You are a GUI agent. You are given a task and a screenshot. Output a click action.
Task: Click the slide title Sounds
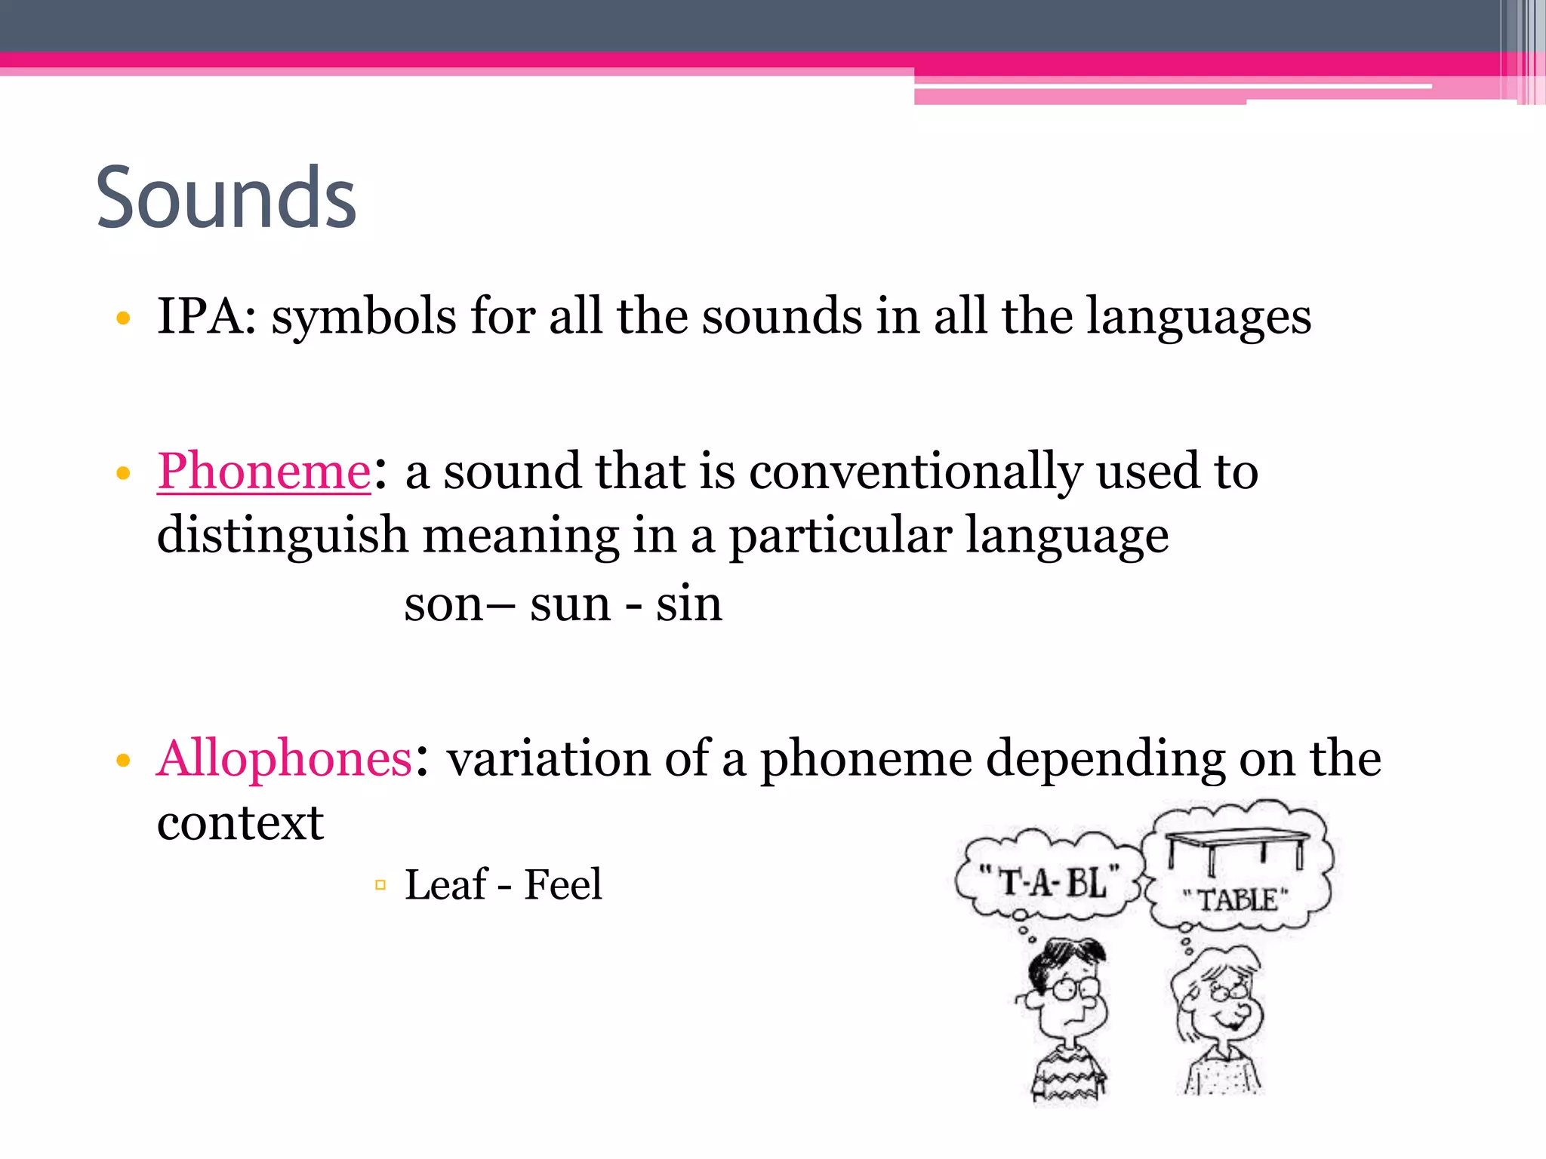(x=226, y=198)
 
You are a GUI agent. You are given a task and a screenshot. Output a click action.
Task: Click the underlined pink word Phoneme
(x=263, y=472)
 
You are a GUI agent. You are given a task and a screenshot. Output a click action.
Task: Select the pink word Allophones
(x=285, y=758)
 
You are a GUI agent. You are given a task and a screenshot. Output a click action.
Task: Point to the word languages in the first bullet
(x=1198, y=317)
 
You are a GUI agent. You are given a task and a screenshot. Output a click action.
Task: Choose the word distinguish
(x=282, y=536)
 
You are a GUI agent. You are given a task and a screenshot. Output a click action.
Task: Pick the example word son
(x=442, y=604)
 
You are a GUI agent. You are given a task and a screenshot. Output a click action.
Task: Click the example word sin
(x=688, y=604)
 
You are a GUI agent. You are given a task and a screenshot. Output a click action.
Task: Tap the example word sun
(x=570, y=604)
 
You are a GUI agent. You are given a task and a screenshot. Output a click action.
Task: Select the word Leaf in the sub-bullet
(x=446, y=884)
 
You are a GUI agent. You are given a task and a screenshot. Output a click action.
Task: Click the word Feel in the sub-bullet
(x=563, y=884)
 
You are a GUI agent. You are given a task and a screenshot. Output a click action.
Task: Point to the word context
(x=240, y=822)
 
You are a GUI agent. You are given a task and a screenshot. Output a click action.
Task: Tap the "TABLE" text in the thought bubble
(x=1236, y=899)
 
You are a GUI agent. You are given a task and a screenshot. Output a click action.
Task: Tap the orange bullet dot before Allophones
(x=124, y=760)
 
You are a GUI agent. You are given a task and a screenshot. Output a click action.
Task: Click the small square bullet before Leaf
(x=380, y=884)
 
